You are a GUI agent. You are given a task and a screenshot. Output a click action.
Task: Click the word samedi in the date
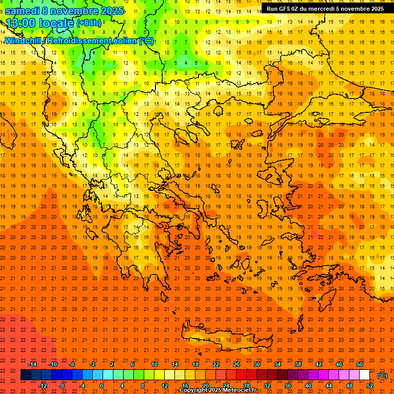(22, 11)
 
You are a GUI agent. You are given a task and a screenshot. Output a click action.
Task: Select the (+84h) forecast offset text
(89, 24)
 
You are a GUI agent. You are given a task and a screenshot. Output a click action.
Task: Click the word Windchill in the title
(23, 41)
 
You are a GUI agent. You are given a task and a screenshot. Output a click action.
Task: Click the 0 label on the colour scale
(102, 386)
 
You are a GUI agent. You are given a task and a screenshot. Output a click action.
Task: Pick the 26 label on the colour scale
(236, 364)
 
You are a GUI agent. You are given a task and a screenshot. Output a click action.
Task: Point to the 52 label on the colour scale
(369, 386)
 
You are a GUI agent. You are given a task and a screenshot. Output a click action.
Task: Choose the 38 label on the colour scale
(298, 364)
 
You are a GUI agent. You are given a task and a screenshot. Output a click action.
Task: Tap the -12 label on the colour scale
(43, 386)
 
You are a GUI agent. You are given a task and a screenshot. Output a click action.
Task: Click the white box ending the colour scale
(364, 375)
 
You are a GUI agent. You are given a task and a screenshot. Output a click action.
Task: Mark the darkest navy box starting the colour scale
(26, 375)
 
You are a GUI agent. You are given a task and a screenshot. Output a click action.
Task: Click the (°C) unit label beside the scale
(382, 376)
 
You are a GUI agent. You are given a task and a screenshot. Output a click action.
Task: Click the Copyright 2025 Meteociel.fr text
(218, 390)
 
